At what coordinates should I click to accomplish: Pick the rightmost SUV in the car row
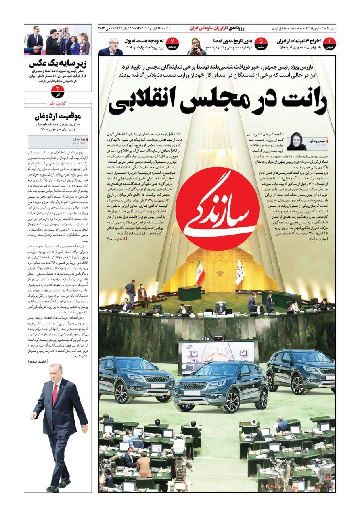tap(301, 371)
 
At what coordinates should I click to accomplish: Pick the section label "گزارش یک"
tap(57, 103)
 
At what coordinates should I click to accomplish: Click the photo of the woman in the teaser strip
tap(197, 46)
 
